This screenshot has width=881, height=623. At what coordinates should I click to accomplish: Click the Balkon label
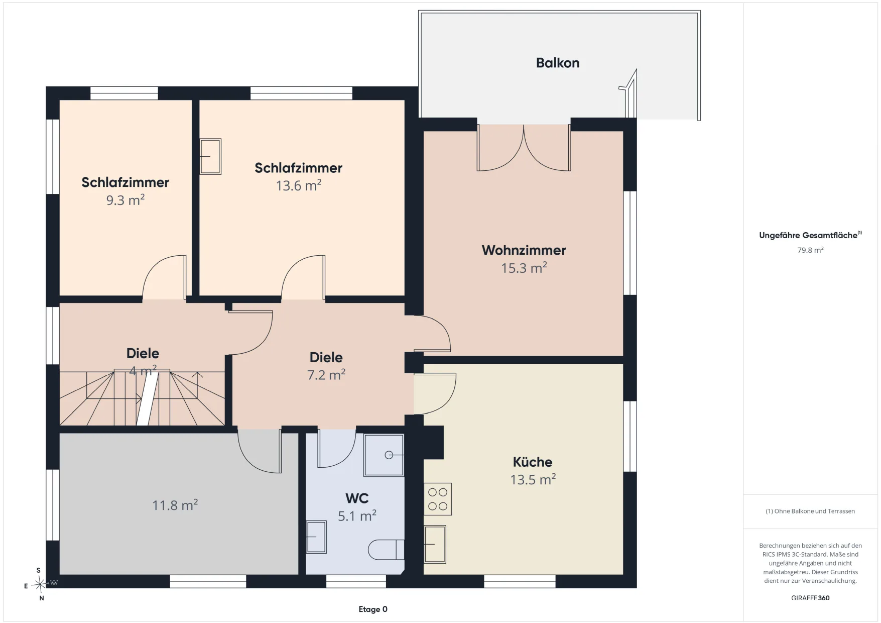click(x=558, y=63)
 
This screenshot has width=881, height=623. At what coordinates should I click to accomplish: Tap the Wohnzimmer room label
click(x=524, y=250)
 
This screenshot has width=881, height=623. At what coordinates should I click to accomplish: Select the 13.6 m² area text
click(x=299, y=185)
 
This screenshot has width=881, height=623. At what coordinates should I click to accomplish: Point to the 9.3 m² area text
click(x=125, y=200)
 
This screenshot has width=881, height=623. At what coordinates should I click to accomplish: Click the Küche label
click(x=533, y=462)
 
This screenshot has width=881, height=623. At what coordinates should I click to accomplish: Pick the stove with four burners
click(x=438, y=499)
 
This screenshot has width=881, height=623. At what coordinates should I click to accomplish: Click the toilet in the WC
click(x=386, y=550)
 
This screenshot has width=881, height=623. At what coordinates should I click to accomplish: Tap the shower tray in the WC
click(x=384, y=455)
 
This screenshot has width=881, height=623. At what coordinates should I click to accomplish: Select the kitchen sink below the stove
click(x=435, y=544)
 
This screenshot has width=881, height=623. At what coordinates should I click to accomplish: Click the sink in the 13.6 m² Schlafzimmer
click(x=210, y=157)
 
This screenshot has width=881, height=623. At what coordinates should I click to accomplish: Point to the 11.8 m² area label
click(x=175, y=505)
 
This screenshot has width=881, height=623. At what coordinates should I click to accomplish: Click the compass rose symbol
click(x=40, y=584)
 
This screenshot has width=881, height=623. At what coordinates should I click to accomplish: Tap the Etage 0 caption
click(x=373, y=609)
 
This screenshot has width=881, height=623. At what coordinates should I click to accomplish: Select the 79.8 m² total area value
click(x=810, y=250)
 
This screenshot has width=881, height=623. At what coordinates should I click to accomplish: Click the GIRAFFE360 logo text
click(x=810, y=598)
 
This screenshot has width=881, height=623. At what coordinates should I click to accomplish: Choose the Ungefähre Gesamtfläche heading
click(x=810, y=235)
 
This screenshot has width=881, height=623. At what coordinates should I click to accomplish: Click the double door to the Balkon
click(x=524, y=148)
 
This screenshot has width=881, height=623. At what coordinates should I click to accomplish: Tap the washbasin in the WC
click(x=316, y=537)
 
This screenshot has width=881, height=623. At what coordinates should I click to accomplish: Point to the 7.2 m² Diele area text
click(x=326, y=375)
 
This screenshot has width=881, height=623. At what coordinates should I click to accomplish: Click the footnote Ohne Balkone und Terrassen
click(x=810, y=511)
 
